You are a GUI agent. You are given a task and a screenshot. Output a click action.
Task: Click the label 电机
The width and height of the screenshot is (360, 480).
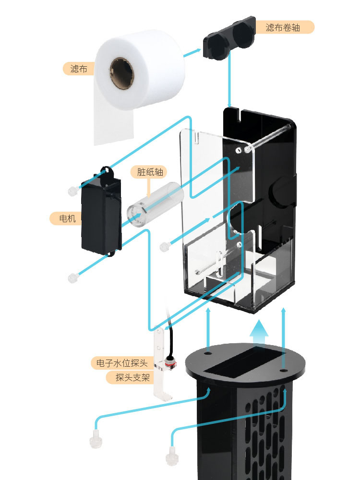point(65,219)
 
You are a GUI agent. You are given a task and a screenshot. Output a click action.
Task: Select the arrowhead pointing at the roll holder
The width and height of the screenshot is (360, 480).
point(198,51)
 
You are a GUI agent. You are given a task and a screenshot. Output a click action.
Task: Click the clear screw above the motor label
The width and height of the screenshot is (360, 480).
point(72,191)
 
